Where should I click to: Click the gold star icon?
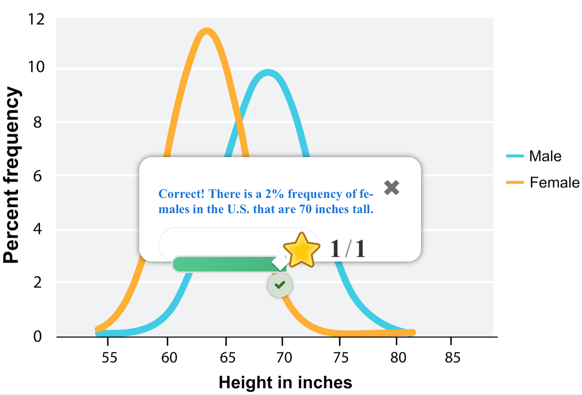pos(301,250)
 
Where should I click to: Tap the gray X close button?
pos(392,188)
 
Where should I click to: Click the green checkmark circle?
pos(280,285)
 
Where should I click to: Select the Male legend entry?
pos(545,156)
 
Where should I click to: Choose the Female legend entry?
pos(554,183)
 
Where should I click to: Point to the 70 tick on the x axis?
pos(284,358)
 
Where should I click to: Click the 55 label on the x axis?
pos(109,358)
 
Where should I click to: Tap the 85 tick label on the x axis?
pos(453,358)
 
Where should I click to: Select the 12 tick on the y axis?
pos(37,19)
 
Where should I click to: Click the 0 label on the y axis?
pos(37,336)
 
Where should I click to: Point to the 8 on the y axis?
pos(37,122)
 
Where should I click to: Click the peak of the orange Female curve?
pos(206,31)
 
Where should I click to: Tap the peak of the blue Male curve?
pos(268,72)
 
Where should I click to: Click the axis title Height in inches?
pos(285,382)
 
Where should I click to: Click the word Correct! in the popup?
pos(182,194)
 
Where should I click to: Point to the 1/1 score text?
pos(347,249)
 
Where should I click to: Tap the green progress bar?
pos(225,264)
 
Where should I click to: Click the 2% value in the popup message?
pos(274,194)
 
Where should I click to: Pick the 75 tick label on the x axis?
pos(341,358)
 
